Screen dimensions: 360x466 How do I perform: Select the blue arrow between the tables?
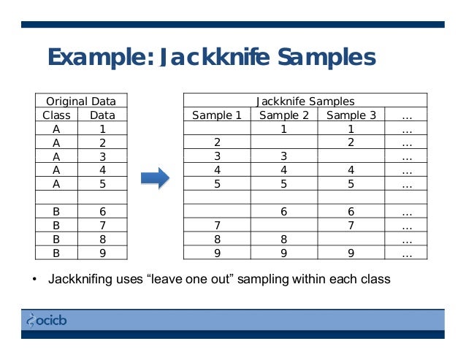pos(154,177)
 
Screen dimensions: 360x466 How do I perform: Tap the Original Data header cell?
pos(81,101)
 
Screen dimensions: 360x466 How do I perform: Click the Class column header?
pos(56,115)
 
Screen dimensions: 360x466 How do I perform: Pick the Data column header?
pos(102,115)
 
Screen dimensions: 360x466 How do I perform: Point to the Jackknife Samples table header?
pos(305,101)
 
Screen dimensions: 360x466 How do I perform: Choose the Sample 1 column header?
pos(216,115)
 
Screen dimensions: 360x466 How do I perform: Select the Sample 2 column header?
pos(284,115)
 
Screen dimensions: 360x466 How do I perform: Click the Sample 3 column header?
pos(351,115)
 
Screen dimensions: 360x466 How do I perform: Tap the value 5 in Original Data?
pos(102,184)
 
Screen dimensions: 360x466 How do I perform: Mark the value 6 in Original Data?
pos(102,212)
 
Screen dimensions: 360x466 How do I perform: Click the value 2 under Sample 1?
pos(217,142)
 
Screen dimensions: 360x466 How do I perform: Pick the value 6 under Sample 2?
pos(284,212)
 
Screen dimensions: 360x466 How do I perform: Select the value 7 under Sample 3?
pos(351,226)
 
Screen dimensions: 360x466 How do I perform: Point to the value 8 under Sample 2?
pos(284,240)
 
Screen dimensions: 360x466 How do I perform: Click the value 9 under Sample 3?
pos(351,253)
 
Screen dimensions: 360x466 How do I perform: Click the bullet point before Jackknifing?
pos(34,280)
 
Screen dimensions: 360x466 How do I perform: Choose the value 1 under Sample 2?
pos(284,129)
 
